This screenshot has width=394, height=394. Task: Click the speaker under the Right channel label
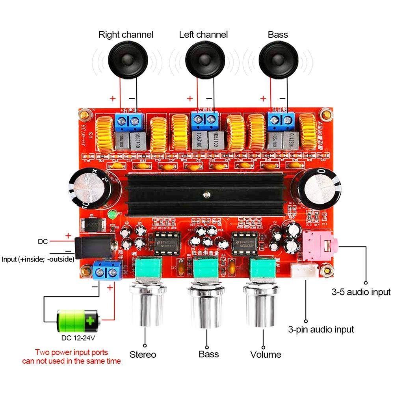point(126,60)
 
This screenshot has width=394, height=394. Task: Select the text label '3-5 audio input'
point(361,292)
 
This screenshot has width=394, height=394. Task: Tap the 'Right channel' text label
point(125,35)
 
